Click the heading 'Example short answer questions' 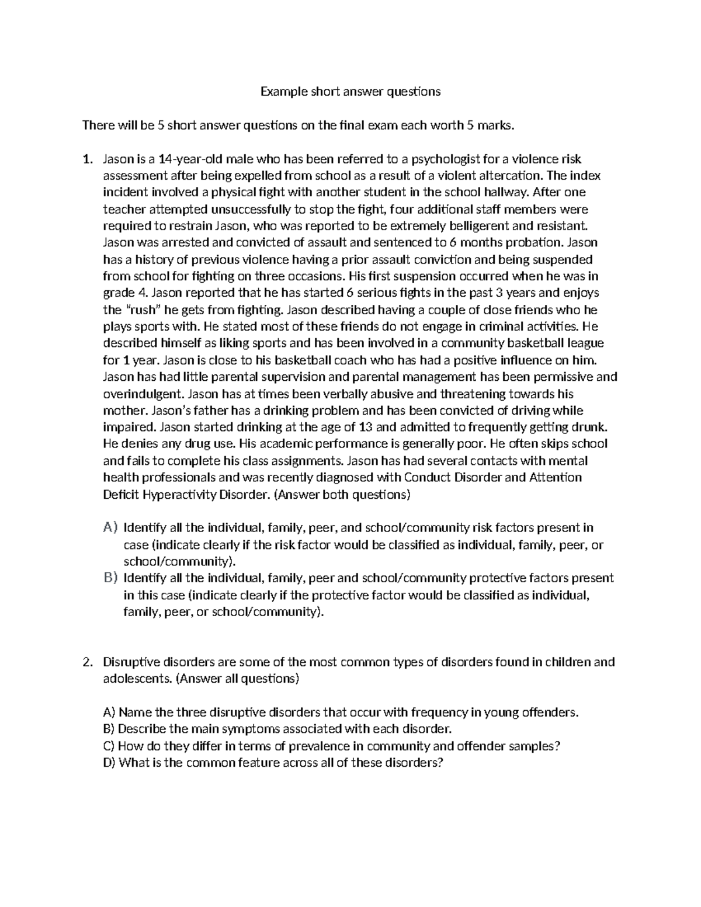click(x=350, y=91)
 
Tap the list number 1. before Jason click(x=87, y=159)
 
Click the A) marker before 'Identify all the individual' click(x=110, y=527)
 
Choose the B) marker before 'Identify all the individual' click(x=110, y=578)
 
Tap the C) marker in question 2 click(x=109, y=746)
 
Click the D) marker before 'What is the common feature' click(x=109, y=762)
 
